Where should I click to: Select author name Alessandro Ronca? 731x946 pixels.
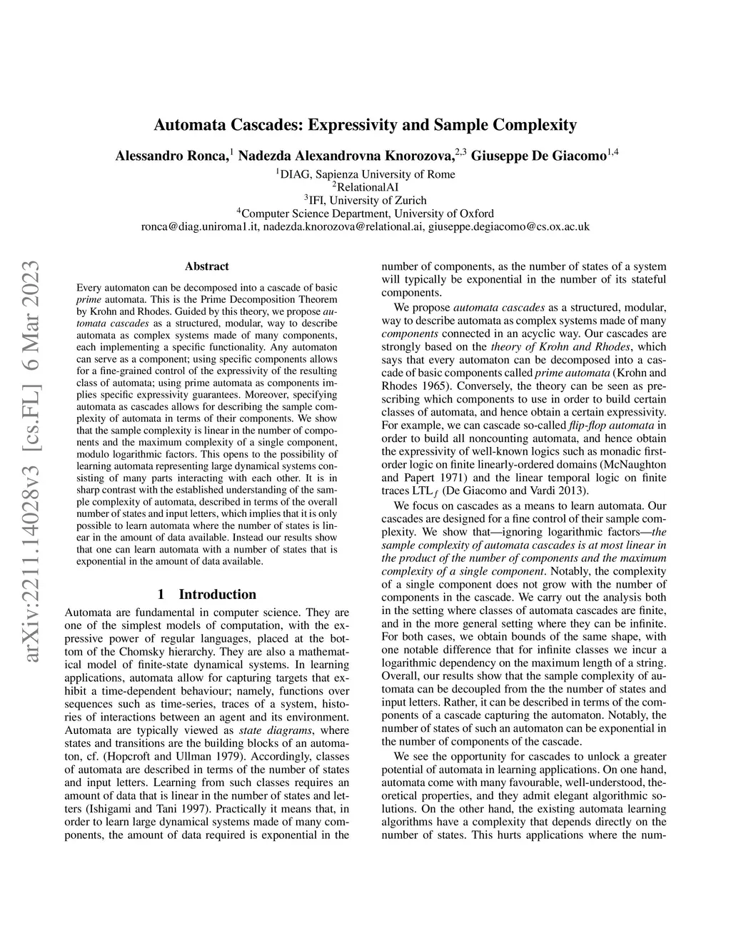171,155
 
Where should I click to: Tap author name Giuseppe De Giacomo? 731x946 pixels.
539,155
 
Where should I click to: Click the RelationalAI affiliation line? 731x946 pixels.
365,187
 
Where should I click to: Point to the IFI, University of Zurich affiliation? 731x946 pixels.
365,200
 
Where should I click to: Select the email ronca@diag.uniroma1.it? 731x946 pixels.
199,226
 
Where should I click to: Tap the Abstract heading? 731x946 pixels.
207,266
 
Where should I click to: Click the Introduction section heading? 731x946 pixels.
217,594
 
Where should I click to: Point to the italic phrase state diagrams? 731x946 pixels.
279,730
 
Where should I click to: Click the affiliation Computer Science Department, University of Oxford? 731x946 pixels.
365,213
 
